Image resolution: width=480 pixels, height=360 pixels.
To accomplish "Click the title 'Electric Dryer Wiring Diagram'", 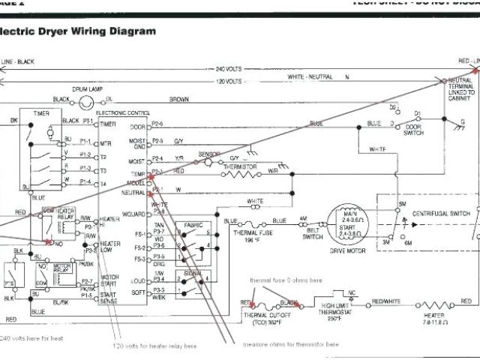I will [x=79, y=31].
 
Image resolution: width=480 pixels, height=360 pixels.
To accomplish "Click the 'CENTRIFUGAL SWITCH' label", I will [x=439, y=214].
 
